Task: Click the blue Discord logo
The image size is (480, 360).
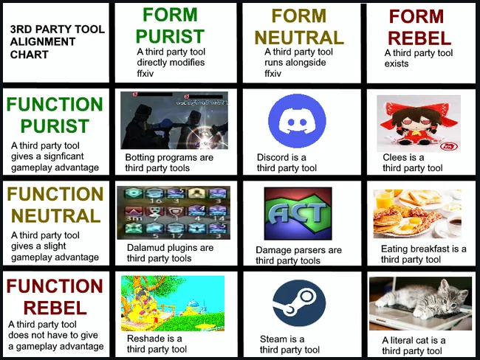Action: click(x=297, y=121)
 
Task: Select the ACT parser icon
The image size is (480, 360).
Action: click(x=298, y=213)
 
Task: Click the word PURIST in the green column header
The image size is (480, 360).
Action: click(x=170, y=36)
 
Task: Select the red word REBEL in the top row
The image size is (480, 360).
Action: click(x=419, y=38)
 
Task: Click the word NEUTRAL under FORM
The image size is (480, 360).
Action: click(x=299, y=38)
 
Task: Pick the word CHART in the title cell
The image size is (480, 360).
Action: click(x=30, y=55)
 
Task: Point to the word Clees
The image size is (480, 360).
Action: click(x=394, y=157)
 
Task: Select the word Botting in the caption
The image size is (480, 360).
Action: click(x=140, y=158)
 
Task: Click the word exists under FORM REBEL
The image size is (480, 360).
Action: click(x=397, y=63)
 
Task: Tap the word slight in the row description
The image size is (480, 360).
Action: click(x=55, y=246)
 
